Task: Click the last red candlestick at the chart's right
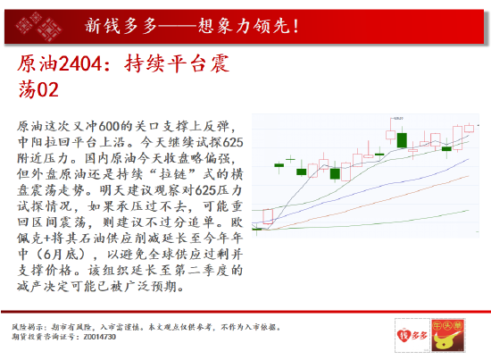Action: [x=469, y=128]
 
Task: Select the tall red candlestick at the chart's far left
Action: [x=267, y=207]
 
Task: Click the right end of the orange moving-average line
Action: [x=474, y=176]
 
